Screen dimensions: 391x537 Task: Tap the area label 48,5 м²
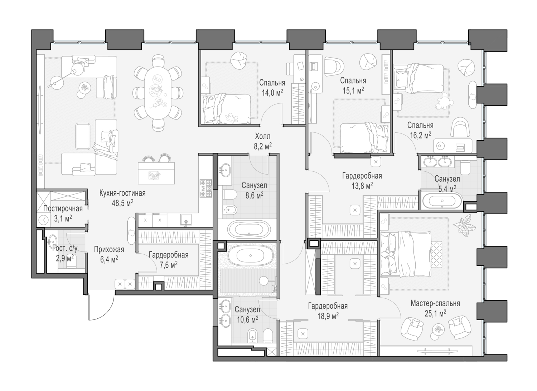tap(122, 202)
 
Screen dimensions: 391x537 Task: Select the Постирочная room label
tap(63, 209)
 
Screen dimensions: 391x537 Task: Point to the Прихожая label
tap(109, 250)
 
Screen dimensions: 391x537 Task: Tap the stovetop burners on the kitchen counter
tap(206, 188)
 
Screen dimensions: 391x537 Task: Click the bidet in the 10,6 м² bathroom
tap(252, 335)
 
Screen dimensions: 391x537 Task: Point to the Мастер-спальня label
tap(435, 303)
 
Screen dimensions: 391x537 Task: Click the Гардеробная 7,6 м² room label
tap(168, 255)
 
